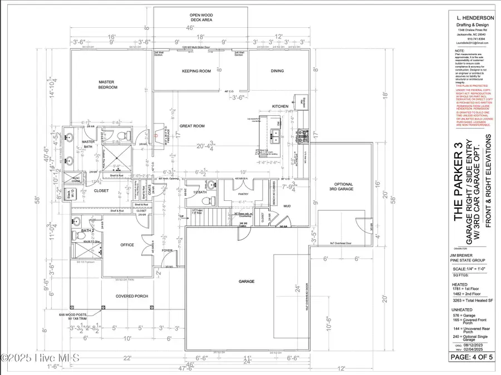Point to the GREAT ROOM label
click(192, 126)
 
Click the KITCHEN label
click(279, 106)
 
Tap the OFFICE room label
click(127, 245)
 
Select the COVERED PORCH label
click(132, 296)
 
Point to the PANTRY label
click(243, 187)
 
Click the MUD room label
click(288, 205)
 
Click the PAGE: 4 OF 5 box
click(474, 357)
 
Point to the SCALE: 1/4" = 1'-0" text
click(472, 269)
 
